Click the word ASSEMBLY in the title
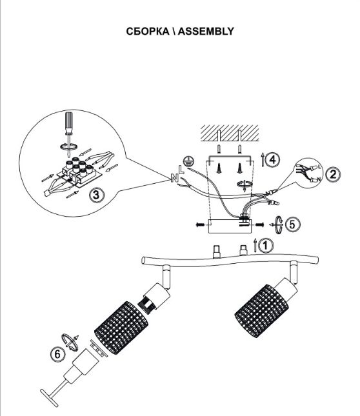click(x=206, y=32)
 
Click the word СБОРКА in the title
click(x=148, y=32)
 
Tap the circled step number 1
click(x=266, y=246)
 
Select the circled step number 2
click(x=333, y=174)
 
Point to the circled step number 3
click(x=96, y=195)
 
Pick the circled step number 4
click(x=272, y=160)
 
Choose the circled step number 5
click(x=292, y=224)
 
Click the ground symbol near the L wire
click(x=188, y=161)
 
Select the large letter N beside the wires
click(x=174, y=177)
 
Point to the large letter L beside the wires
click(x=181, y=170)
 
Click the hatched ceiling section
click(x=230, y=133)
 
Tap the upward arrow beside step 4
click(x=263, y=159)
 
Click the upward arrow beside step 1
click(x=255, y=245)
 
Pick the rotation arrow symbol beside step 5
click(x=277, y=225)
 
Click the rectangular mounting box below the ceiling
click(x=230, y=226)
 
